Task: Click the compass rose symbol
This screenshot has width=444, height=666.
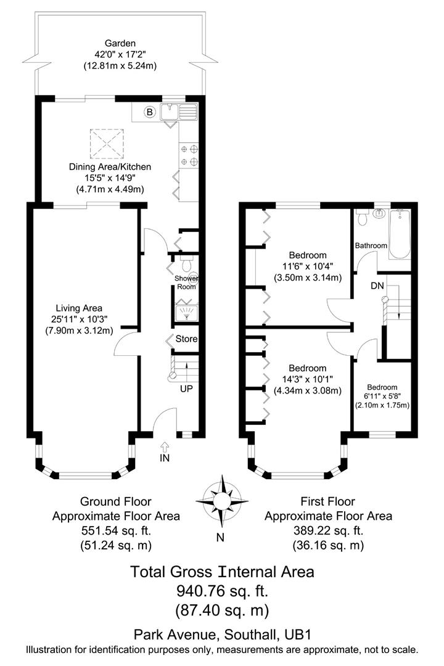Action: point(220,498)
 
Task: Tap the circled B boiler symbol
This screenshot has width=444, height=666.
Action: point(149,112)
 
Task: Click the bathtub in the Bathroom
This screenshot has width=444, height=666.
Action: point(400,234)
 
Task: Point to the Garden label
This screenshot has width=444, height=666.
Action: point(120,43)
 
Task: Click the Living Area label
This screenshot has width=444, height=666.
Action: point(79,308)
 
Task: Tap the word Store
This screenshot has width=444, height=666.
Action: point(186,339)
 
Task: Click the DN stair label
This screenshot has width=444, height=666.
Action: point(378,286)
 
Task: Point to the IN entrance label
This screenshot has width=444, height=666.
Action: point(165,458)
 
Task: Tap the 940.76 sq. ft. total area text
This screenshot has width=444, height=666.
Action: point(222,591)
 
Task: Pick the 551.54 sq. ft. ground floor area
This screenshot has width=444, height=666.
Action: point(117,530)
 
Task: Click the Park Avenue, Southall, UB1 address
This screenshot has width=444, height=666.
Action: point(222,635)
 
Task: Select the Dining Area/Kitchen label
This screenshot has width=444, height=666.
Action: point(110,166)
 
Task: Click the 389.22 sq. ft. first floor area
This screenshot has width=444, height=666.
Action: point(328,530)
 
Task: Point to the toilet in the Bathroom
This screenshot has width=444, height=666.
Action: point(363,218)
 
